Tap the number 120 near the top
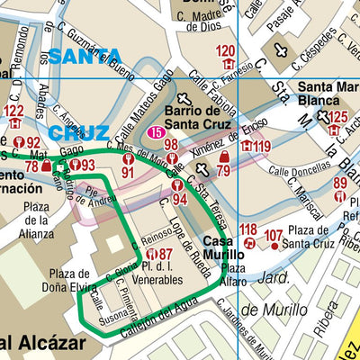[226, 51]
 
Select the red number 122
[13, 111]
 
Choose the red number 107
[274, 236]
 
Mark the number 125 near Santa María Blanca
[337, 117]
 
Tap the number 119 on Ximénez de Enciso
[262, 146]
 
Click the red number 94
[180, 198]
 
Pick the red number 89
[340, 184]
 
